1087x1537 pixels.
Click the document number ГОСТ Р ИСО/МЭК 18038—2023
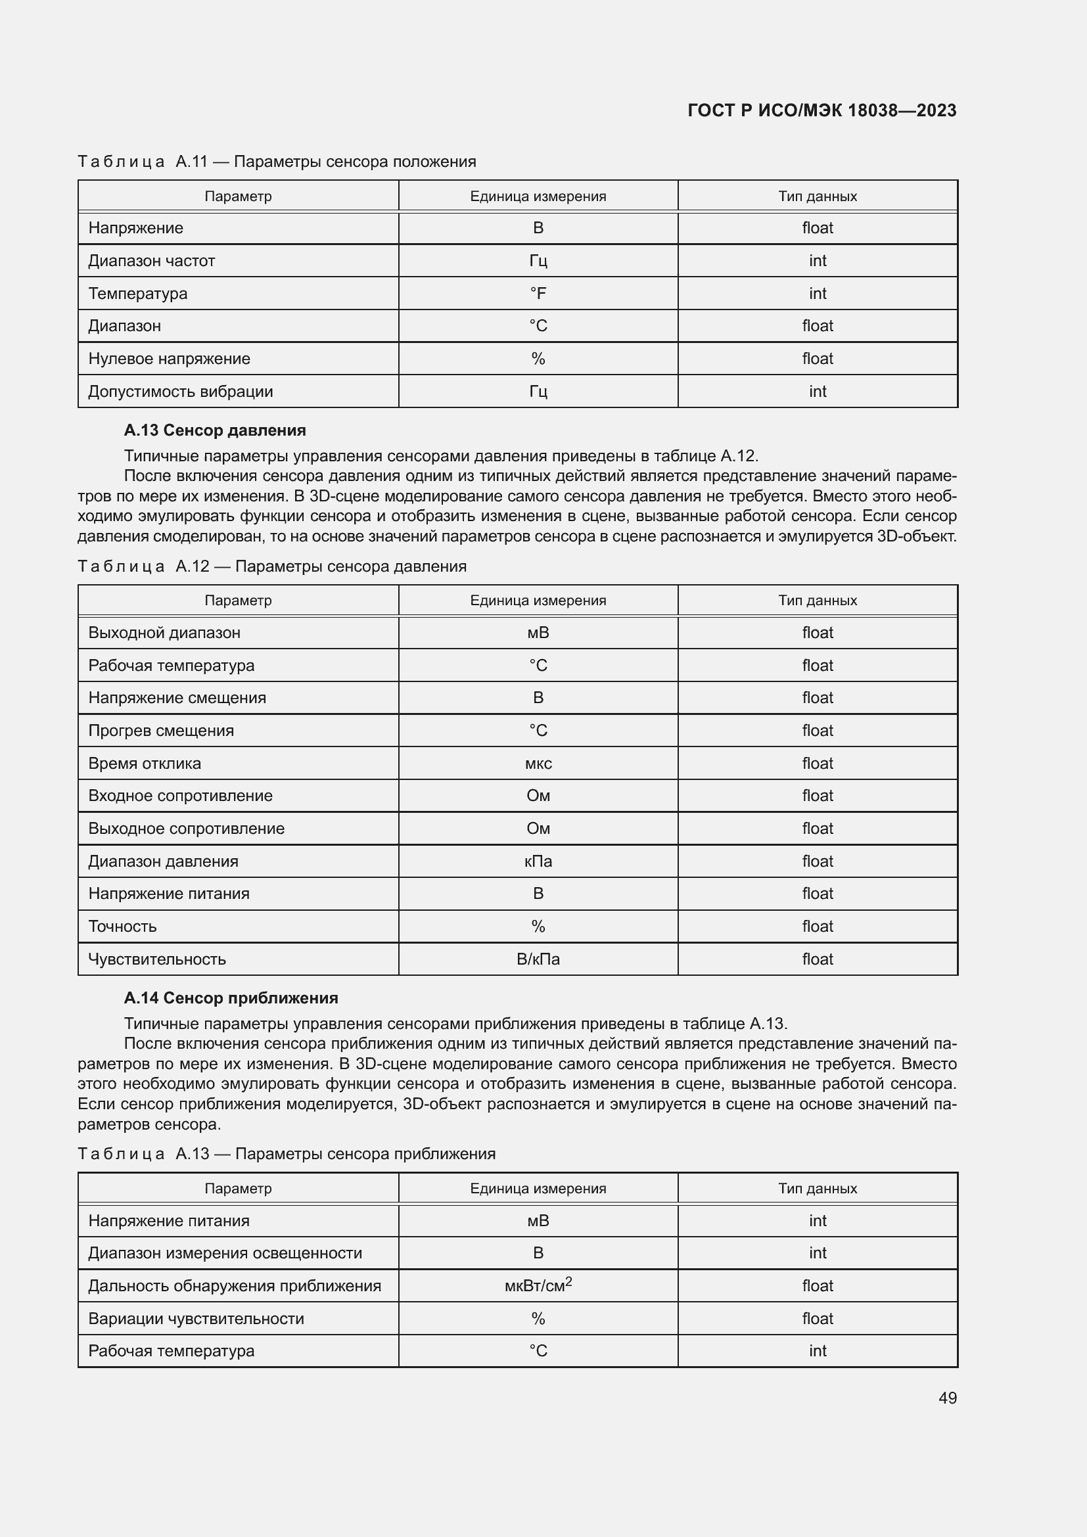tap(821, 110)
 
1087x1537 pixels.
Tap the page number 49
tap(947, 1398)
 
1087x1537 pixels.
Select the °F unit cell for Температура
tap(538, 293)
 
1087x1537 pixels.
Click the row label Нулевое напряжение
tap(169, 359)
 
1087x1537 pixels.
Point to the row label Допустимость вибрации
tap(180, 392)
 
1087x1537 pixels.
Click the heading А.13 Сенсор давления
tap(214, 430)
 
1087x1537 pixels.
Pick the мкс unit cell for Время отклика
tap(538, 763)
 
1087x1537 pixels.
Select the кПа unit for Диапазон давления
tap(538, 861)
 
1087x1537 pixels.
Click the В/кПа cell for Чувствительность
tap(538, 959)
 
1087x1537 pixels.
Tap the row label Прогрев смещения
tap(160, 730)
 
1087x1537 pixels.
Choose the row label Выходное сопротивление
tap(186, 829)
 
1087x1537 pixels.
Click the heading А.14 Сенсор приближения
tap(230, 998)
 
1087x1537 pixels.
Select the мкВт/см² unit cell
tap(538, 1285)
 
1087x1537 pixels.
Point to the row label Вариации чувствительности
tap(195, 1318)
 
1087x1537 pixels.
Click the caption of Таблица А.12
tap(272, 566)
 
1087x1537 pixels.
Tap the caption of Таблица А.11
tap(277, 162)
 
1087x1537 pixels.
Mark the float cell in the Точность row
tap(818, 927)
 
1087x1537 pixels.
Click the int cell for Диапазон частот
tap(818, 260)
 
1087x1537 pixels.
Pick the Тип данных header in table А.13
tap(818, 1188)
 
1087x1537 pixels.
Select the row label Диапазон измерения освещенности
tap(225, 1252)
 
